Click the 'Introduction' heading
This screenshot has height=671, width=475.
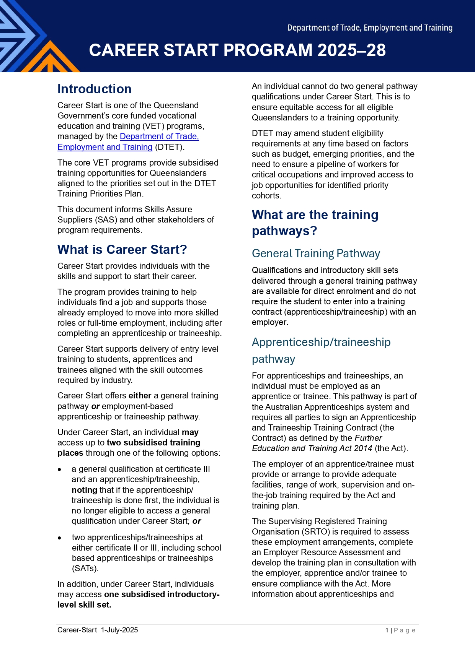[x=94, y=89]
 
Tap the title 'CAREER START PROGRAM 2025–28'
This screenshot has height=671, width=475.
[x=237, y=50]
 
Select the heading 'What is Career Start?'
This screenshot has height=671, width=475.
[x=122, y=250]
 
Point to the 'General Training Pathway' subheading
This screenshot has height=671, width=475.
[x=316, y=253]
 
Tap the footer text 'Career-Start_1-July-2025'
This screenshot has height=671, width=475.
[x=98, y=630]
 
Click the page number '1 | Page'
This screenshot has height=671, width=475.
[x=400, y=630]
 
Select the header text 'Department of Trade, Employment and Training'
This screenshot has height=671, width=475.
[x=370, y=28]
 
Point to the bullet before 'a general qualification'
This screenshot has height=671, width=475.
[x=59, y=470]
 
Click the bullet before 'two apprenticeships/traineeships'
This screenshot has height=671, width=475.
[x=59, y=538]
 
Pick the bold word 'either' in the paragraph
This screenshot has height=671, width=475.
[x=140, y=396]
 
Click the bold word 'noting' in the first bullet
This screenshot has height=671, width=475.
[x=84, y=490]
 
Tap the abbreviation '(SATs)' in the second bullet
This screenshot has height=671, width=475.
[x=85, y=569]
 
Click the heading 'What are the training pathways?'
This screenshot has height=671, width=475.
[x=315, y=223]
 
